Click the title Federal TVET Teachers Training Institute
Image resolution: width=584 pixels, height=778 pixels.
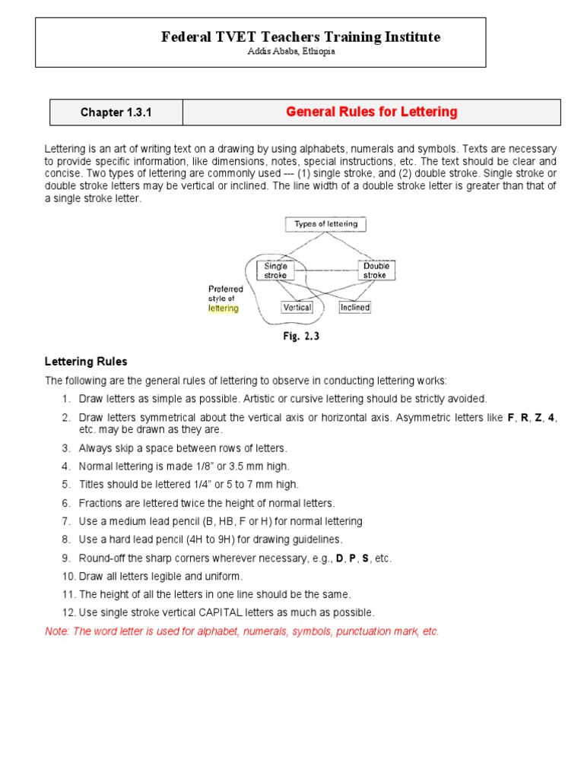pos(301,36)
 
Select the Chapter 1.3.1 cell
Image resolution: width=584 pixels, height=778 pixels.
pos(116,112)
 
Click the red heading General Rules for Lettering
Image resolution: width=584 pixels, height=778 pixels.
pos(371,112)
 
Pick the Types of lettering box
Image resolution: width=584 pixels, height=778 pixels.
pos(325,224)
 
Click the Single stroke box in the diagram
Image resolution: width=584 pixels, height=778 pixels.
pos(275,270)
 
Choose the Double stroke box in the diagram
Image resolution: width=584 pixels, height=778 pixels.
pos(376,270)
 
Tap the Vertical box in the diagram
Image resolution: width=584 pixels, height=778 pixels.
pos(297,308)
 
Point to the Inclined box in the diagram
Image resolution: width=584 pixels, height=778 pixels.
pos(354,308)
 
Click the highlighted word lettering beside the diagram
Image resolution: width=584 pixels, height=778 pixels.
pos(224,308)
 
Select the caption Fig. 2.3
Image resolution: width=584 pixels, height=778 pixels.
pos(301,337)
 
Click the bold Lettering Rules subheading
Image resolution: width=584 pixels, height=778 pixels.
pos(86,362)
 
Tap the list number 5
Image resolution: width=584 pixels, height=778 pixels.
pos(66,484)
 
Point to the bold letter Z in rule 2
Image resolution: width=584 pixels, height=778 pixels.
pos(538,418)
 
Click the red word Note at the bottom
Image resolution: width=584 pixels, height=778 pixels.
pos(56,631)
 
